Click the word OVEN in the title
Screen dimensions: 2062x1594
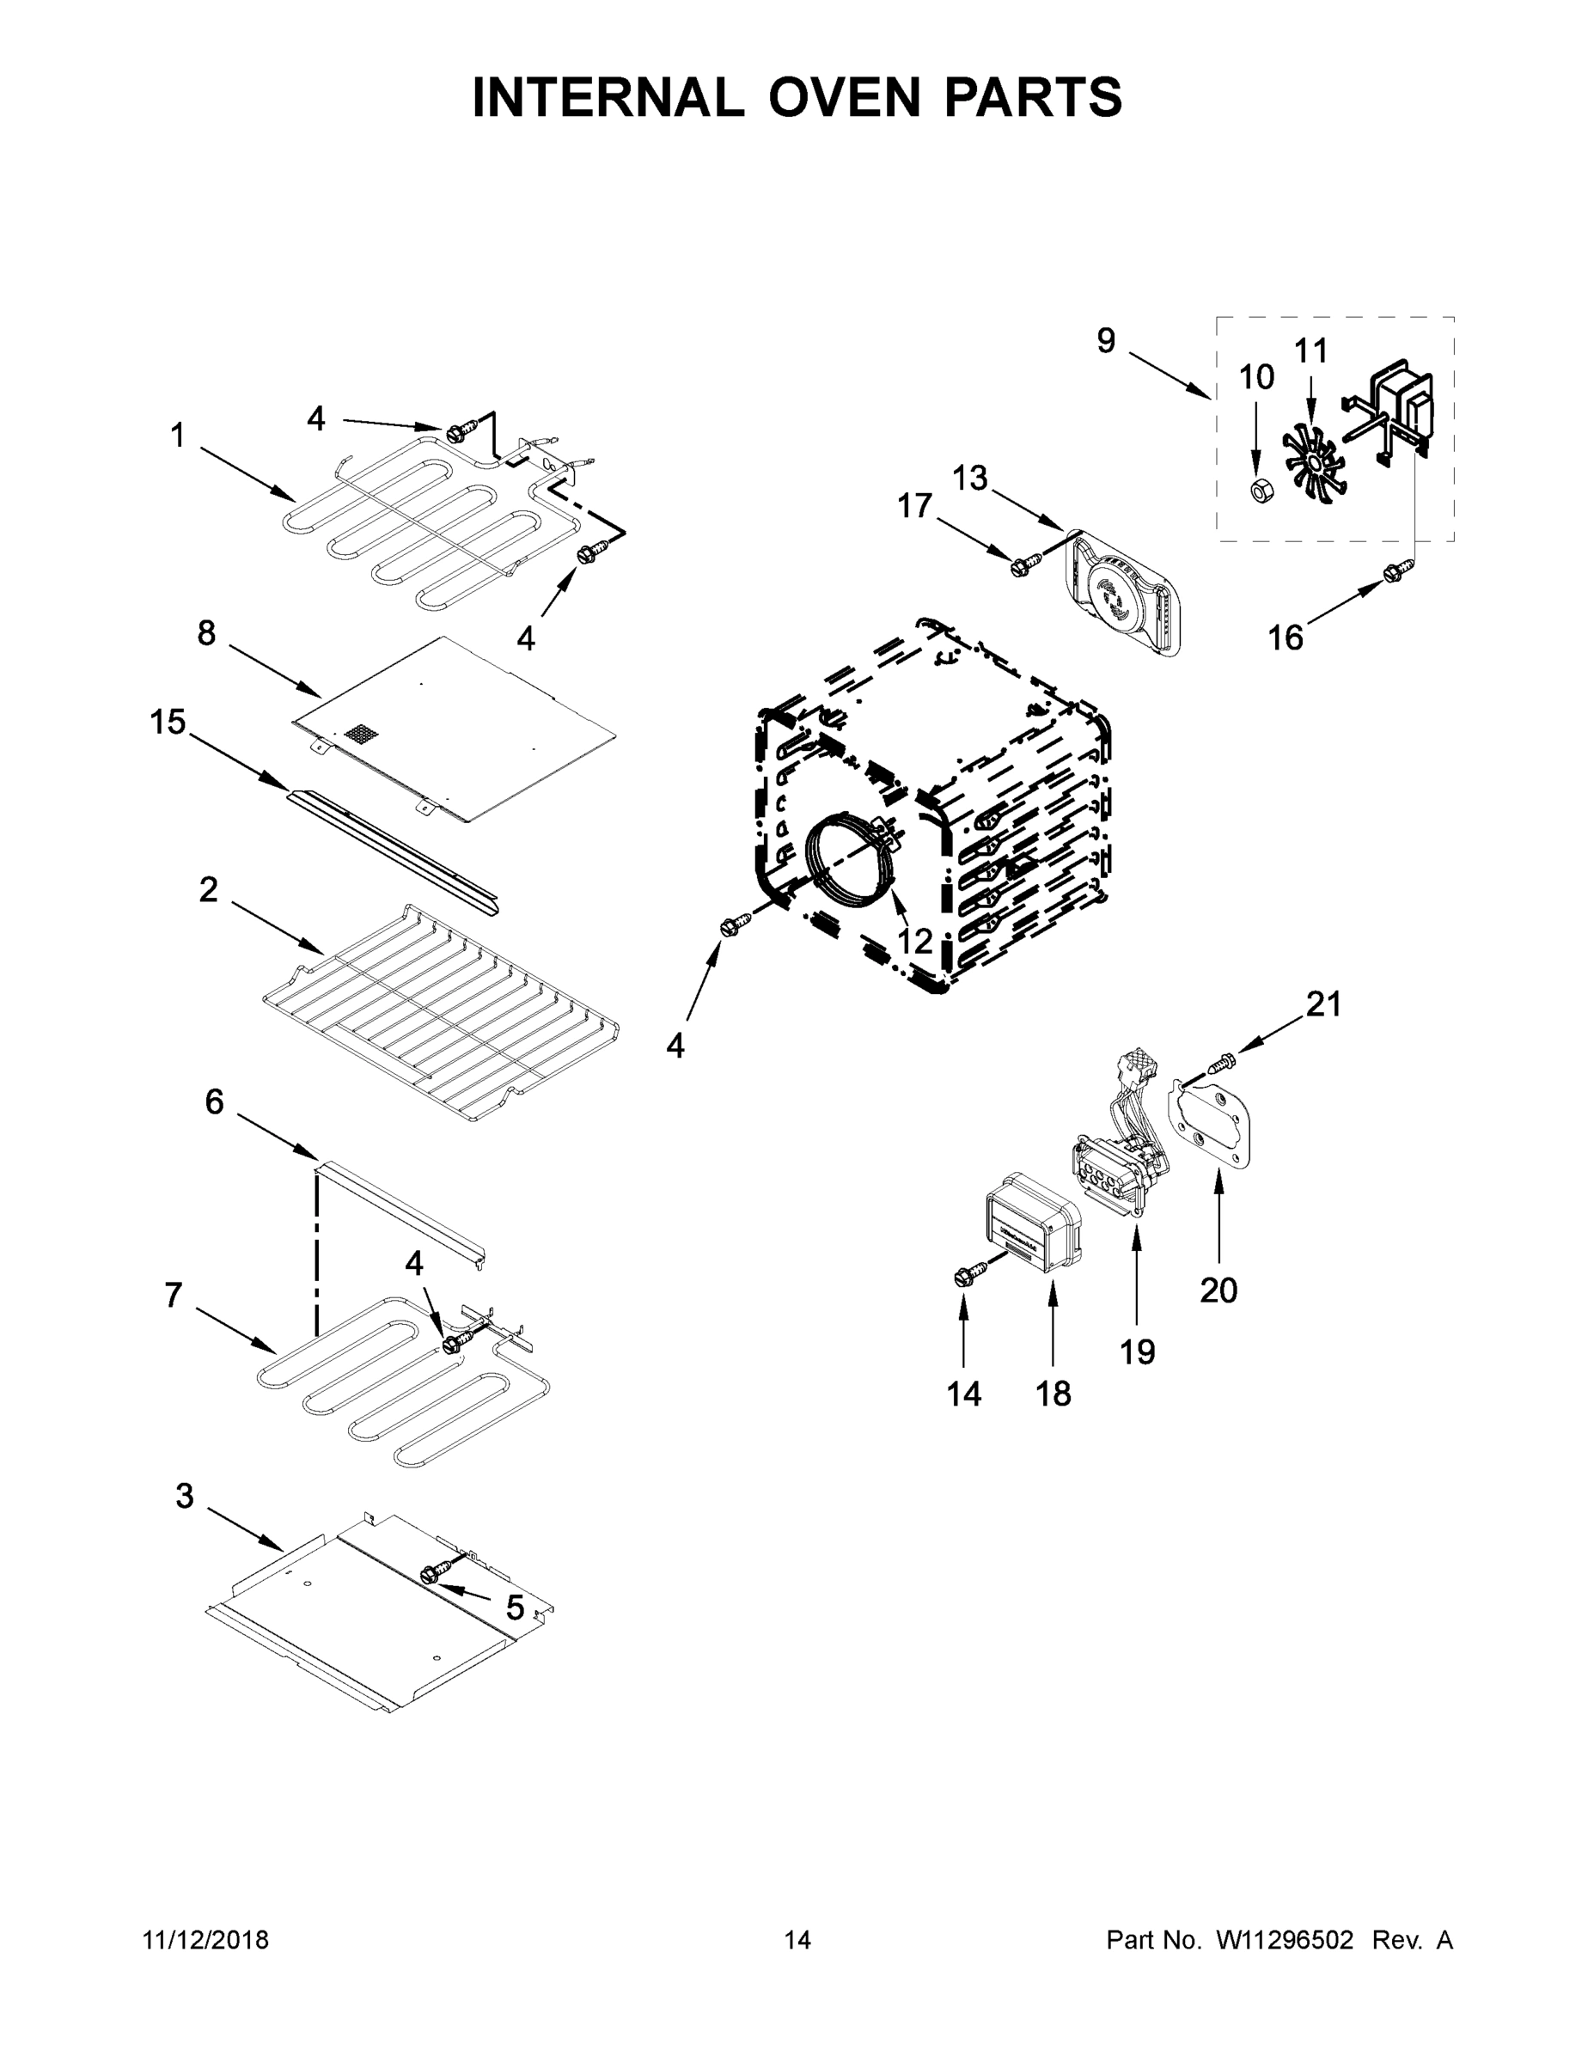pyautogui.click(x=843, y=98)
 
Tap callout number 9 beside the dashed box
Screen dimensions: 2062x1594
pyautogui.click(x=1106, y=341)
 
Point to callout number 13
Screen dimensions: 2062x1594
pyautogui.click(x=969, y=479)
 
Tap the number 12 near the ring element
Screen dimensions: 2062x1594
pyautogui.click(x=914, y=941)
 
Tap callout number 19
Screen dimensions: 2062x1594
pyautogui.click(x=1137, y=1352)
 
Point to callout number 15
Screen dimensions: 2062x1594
pyautogui.click(x=168, y=723)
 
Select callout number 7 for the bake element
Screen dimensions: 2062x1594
pyautogui.click(x=173, y=1296)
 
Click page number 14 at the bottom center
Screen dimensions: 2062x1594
pyautogui.click(x=797, y=1940)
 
